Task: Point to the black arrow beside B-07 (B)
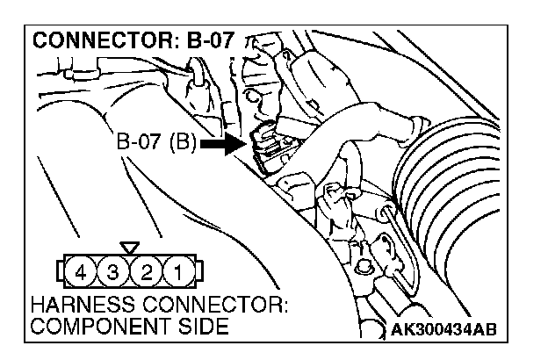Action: pyautogui.click(x=224, y=142)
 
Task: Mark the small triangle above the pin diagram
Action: pyautogui.click(x=130, y=248)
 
